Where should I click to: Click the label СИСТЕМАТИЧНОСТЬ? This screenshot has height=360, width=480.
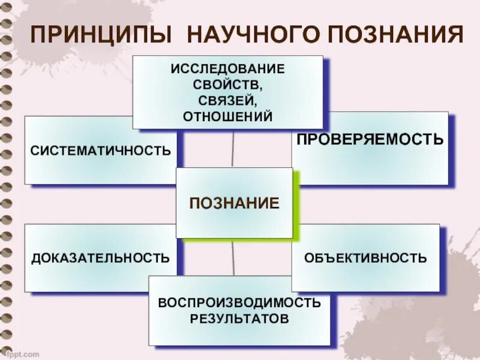point(101,150)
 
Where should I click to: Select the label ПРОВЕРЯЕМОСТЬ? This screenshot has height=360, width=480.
point(370,140)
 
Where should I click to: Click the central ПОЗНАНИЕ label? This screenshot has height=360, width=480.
point(234,203)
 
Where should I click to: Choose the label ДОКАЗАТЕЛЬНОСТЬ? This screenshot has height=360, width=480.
point(100,259)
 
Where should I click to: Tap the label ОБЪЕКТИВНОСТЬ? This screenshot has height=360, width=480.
point(365,259)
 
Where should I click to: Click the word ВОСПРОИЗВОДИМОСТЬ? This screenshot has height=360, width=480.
point(239,302)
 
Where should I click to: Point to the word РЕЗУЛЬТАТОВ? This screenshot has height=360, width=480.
point(239,318)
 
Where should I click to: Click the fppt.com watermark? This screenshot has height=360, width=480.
point(24,354)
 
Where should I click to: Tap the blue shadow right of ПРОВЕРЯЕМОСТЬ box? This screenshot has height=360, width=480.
point(451,150)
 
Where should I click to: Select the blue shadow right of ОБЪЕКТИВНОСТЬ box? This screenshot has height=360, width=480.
point(443,261)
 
